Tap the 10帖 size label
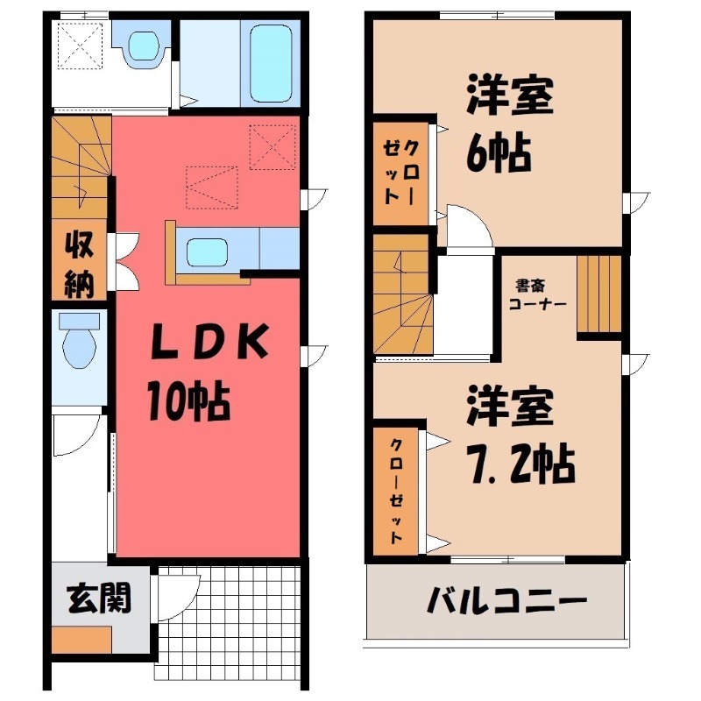[188, 402]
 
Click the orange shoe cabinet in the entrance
[81, 640]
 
